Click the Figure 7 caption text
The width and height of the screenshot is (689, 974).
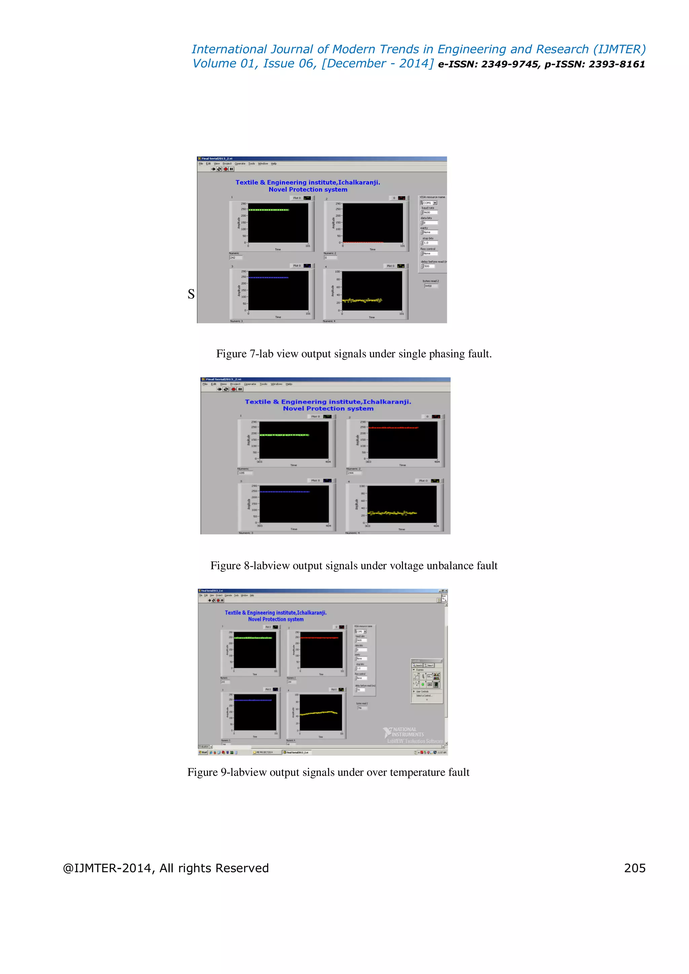(x=354, y=354)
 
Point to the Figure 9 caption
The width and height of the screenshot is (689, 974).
(x=328, y=772)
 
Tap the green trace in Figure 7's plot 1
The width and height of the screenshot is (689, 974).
(x=268, y=210)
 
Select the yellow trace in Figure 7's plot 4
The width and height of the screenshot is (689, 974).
(x=362, y=300)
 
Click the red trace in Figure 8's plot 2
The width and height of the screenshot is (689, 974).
(x=393, y=427)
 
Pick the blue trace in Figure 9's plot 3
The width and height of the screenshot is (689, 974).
(x=253, y=700)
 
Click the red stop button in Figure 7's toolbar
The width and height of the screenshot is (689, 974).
(x=226, y=169)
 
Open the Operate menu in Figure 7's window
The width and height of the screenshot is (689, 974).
(x=240, y=164)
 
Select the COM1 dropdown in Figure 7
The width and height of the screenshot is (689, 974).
(x=429, y=203)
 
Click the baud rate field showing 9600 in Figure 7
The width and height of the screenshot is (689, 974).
(x=429, y=213)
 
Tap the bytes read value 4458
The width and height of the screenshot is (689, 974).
(x=430, y=286)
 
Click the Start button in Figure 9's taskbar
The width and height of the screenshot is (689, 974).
(x=204, y=752)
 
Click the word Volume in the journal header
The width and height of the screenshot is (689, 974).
(x=213, y=64)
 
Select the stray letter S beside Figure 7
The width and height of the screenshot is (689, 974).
(x=191, y=294)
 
